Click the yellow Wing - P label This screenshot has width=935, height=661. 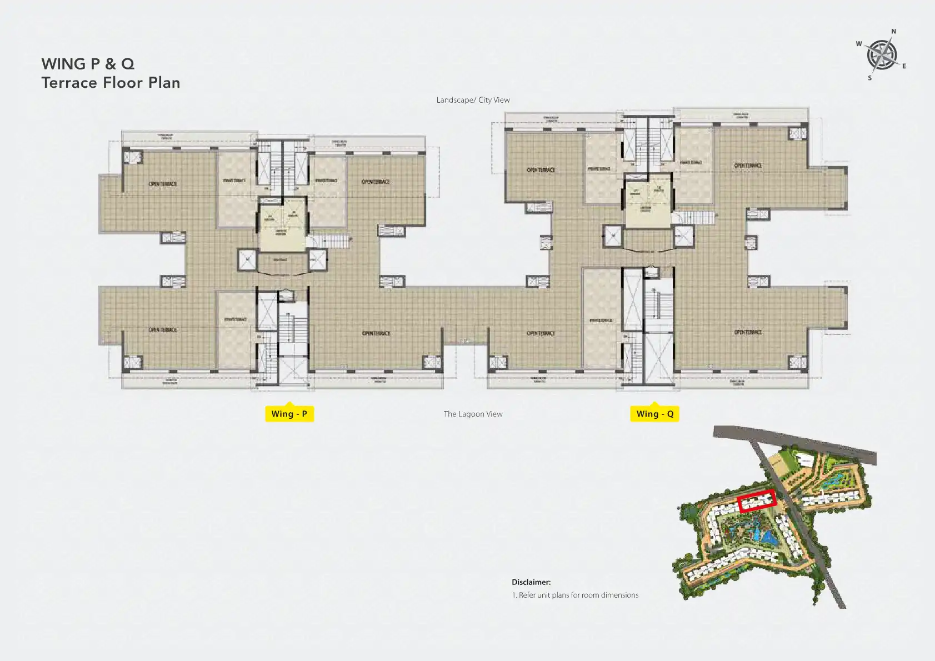pos(289,414)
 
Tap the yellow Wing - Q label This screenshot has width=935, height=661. pos(654,414)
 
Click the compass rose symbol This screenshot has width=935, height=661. pos(882,54)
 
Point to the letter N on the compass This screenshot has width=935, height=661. pos(893,32)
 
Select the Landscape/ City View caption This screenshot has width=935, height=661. pos(473,100)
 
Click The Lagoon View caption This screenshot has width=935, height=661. pos(473,414)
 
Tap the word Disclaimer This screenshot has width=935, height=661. pos(531,582)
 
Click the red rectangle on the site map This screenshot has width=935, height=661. pos(757,501)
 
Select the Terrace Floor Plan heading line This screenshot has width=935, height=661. pos(111,83)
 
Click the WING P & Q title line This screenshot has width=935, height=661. pos(88,64)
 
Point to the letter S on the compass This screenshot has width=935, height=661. pos(870,78)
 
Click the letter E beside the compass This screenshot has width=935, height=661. pos(904,66)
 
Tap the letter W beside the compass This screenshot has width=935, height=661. pos(859,44)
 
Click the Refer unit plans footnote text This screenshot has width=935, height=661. pos(575,595)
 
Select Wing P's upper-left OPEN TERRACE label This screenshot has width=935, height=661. pos(163,184)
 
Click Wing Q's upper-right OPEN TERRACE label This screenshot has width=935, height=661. pos(748,166)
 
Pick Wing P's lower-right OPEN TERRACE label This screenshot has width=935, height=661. pos(376,333)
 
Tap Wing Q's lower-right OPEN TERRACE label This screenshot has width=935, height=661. pos(748,332)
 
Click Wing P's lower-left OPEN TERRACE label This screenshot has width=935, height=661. pos(163,330)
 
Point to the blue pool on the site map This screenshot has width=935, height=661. pos(768,537)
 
